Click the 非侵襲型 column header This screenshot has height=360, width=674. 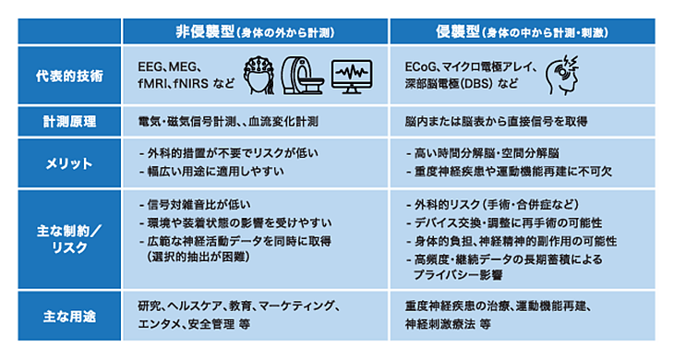[x=255, y=31]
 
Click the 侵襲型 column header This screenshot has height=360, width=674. [x=522, y=31]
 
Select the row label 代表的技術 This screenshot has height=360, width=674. [x=69, y=76]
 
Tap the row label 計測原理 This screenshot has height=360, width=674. [x=69, y=122]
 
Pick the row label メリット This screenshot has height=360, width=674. [x=69, y=163]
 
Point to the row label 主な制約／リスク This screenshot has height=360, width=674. [x=69, y=239]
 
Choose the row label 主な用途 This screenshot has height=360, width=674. [x=69, y=317]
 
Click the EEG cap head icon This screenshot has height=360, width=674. [x=259, y=76]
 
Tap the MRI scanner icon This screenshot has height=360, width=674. [x=302, y=76]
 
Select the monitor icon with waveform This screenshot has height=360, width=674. [x=352, y=77]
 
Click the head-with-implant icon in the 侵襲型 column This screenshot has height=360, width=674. [x=562, y=75]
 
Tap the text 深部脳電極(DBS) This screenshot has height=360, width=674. [x=449, y=83]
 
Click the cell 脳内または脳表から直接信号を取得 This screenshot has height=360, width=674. [x=496, y=122]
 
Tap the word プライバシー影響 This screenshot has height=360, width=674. [x=458, y=275]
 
